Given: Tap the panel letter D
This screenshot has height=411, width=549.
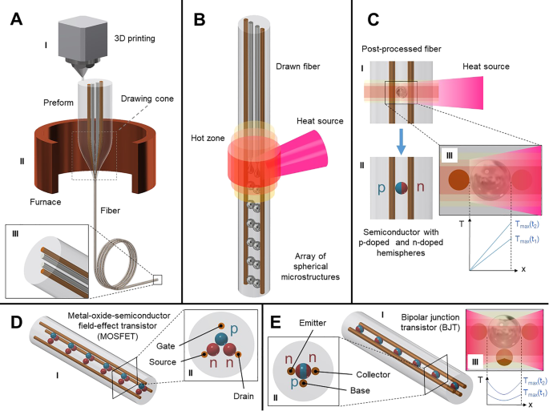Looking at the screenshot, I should tap(14, 321).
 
